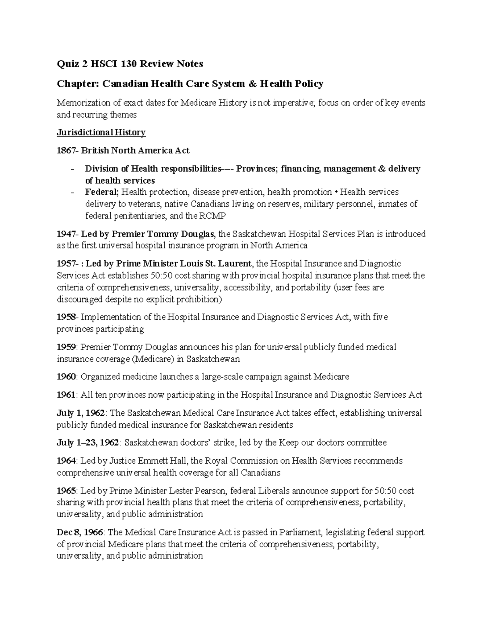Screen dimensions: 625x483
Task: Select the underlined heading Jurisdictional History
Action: [x=101, y=132]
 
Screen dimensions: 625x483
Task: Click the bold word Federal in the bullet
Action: [x=101, y=192]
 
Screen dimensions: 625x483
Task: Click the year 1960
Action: [x=66, y=377]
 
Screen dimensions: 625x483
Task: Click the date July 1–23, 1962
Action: [x=88, y=443]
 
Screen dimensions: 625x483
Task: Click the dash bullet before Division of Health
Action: [x=72, y=169]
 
